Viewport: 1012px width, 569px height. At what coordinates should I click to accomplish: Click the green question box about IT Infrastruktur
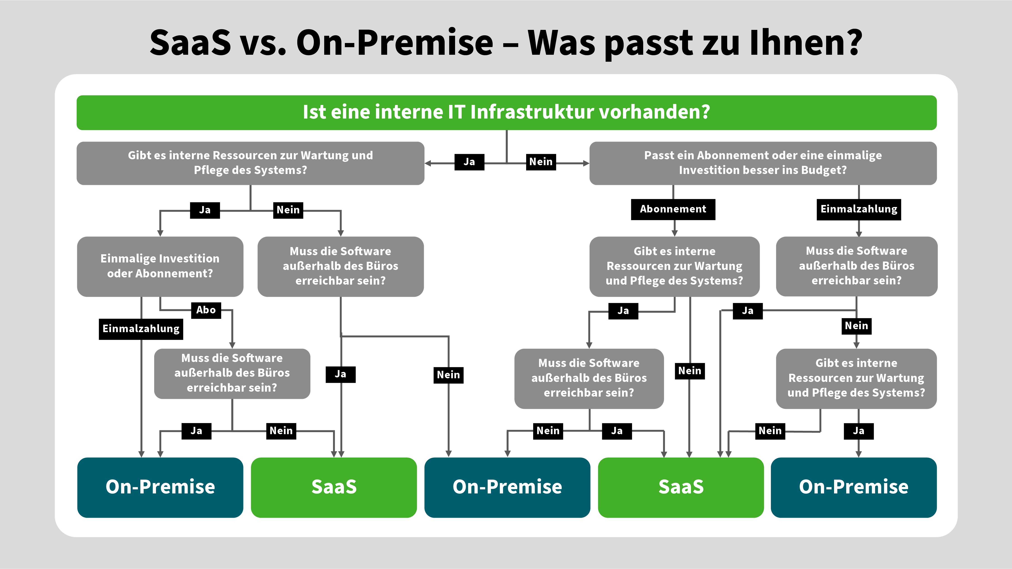tap(506, 112)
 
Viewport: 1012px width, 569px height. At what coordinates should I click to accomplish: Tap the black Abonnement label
tap(673, 209)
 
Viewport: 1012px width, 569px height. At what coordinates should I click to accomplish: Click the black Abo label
tap(206, 310)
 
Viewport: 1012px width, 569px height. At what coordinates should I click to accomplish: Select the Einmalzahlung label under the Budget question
tap(859, 209)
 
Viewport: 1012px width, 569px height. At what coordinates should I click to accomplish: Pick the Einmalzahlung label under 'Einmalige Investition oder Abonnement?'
tap(141, 329)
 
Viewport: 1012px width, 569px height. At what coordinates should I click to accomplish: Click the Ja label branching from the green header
tap(469, 162)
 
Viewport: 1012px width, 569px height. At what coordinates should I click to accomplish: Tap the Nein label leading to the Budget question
tap(541, 162)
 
